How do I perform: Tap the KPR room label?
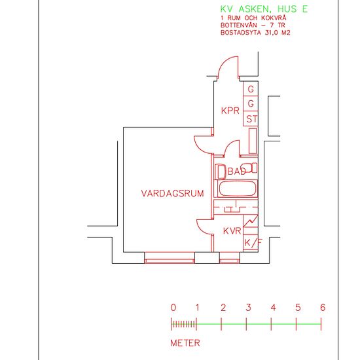point(230,111)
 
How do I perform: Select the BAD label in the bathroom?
point(236,171)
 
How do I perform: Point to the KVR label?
point(232,231)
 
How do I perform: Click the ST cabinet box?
point(251,118)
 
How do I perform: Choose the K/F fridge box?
point(252,243)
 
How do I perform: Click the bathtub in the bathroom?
point(237,190)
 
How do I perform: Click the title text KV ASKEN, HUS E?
point(264,9)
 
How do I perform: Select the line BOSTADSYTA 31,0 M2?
point(255,31)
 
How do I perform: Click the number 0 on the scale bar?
point(173,308)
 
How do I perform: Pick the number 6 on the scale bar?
point(322,308)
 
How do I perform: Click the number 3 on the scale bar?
point(248,308)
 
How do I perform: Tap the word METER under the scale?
point(185,342)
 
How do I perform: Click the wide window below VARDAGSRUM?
point(170,259)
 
